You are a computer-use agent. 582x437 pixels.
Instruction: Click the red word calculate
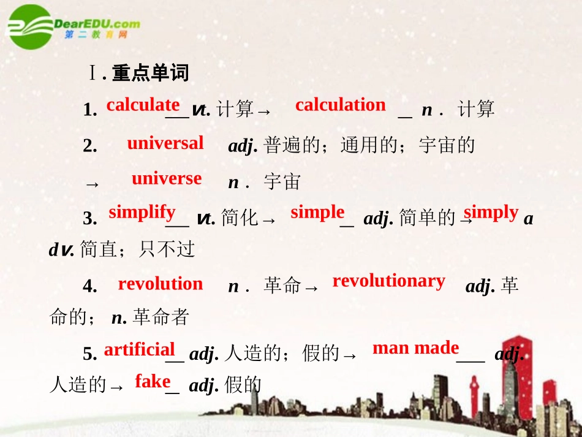(143, 105)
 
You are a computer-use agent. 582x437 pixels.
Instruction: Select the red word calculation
(340, 105)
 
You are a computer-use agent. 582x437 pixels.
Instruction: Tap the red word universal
(165, 143)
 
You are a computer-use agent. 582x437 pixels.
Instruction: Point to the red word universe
(166, 178)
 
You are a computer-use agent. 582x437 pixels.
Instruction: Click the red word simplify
(142, 212)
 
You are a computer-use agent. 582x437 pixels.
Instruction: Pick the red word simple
(317, 212)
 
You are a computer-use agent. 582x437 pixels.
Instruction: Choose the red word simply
(491, 212)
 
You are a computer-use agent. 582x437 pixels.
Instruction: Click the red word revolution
(160, 284)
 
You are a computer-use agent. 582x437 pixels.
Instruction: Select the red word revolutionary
(388, 281)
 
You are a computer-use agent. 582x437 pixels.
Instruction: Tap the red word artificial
(140, 349)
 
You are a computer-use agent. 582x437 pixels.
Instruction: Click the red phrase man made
(415, 348)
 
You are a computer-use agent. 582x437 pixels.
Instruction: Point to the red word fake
(153, 381)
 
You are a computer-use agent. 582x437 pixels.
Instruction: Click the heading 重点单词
(151, 74)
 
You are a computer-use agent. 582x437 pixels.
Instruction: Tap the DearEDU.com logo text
(97, 25)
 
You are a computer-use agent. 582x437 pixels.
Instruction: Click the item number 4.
(89, 286)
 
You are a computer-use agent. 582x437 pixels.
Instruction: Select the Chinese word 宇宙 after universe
(282, 182)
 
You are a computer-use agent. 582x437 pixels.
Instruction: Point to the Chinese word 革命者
(161, 317)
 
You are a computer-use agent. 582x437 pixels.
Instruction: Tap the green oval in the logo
(29, 26)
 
